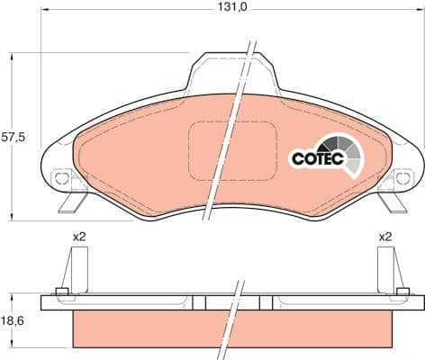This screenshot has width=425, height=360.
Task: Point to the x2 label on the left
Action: [x=79, y=237]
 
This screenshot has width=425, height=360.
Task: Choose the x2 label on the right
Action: [x=385, y=237]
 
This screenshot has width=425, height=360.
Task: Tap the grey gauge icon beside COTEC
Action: [x=347, y=153]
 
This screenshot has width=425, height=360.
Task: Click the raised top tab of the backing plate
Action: [x=231, y=72]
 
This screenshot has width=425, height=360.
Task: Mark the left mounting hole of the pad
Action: [x=62, y=178]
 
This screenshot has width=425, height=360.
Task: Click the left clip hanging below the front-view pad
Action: [x=72, y=202]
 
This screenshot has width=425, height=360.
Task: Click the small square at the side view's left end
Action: [x=61, y=292]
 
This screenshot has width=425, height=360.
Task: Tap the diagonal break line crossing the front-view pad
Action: [x=231, y=126]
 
